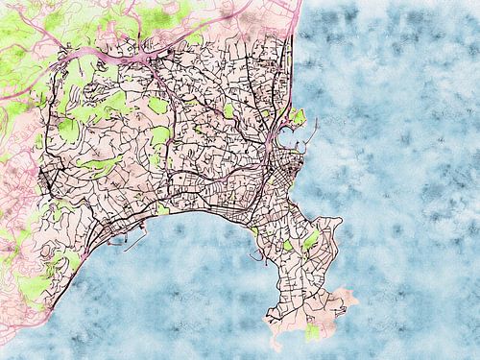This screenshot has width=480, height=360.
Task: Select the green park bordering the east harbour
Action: pos(298,117)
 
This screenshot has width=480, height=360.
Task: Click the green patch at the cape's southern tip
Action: pos(311,333)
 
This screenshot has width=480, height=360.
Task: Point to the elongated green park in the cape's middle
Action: pos(310,240)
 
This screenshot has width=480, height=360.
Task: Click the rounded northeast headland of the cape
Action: pos(332,227)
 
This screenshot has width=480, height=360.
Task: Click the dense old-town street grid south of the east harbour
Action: pos(283,173)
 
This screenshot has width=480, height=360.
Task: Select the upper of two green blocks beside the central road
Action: pos(158,105)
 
